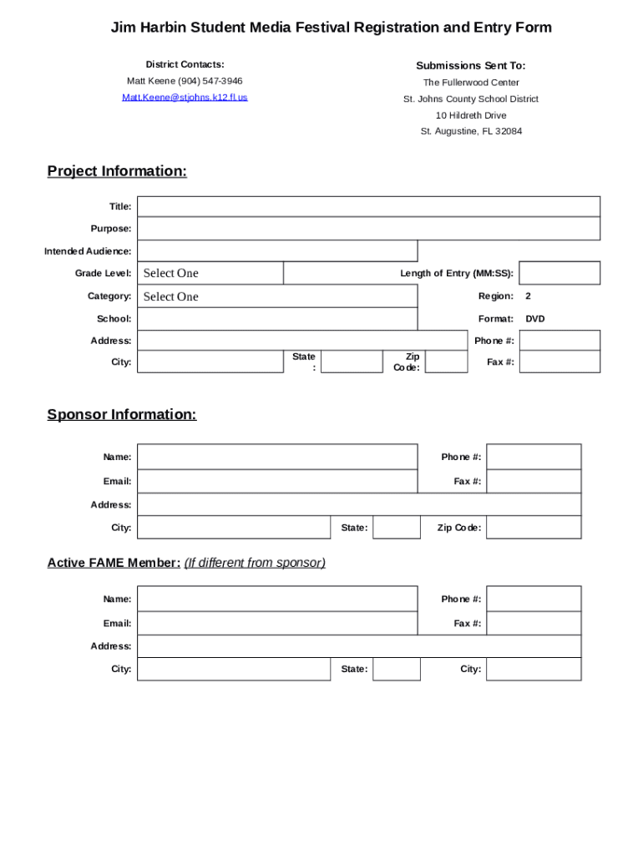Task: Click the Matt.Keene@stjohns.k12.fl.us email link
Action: coord(185,98)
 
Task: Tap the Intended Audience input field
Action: coord(277,251)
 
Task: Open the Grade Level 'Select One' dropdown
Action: coord(210,273)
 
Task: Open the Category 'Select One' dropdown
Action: coord(277,296)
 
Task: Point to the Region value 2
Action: coord(529,296)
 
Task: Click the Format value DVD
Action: coord(535,319)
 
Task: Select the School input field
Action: coord(277,319)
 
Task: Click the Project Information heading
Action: coord(117,171)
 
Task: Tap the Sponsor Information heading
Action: coord(122,414)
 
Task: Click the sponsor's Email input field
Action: coord(277,482)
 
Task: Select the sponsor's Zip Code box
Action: coord(534,528)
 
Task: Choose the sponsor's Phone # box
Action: coord(534,457)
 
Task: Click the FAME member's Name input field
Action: coord(277,599)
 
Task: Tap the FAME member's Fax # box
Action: coord(534,624)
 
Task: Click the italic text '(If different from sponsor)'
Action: coord(255,563)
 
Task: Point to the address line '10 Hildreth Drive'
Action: coord(471,115)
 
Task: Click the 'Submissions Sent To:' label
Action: coord(471,65)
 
